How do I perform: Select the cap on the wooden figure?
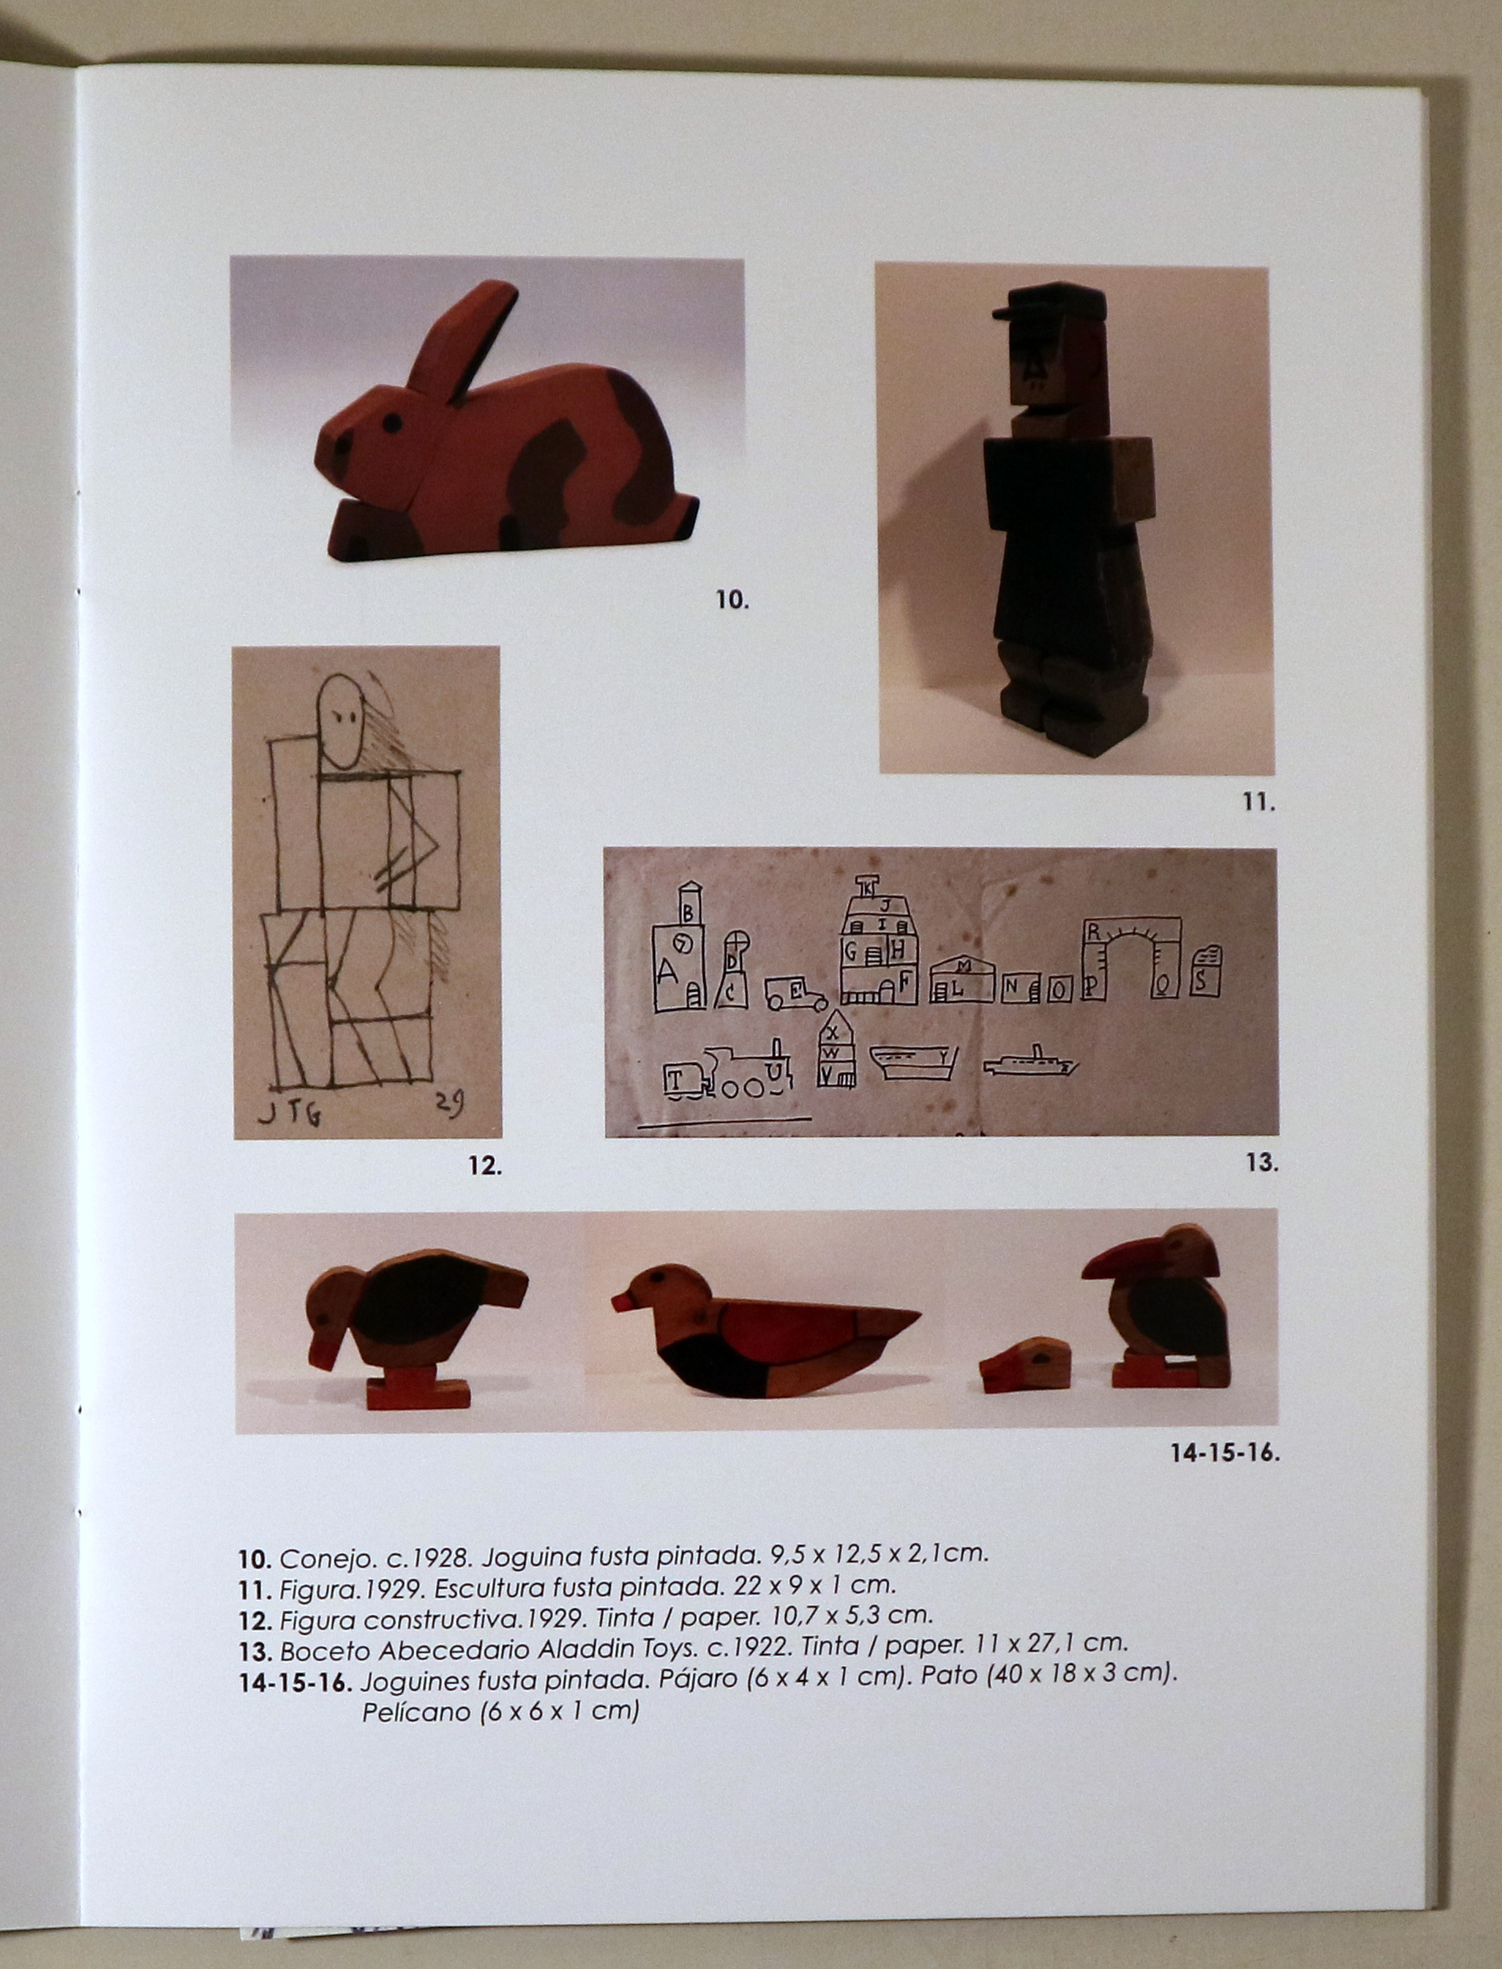(x=1050, y=301)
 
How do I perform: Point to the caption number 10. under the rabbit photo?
(x=732, y=600)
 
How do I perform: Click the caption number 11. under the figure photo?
(x=1259, y=802)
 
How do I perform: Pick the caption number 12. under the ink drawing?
(x=485, y=1166)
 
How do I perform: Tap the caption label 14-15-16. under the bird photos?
(x=1225, y=1452)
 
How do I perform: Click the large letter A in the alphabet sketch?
(x=667, y=971)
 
